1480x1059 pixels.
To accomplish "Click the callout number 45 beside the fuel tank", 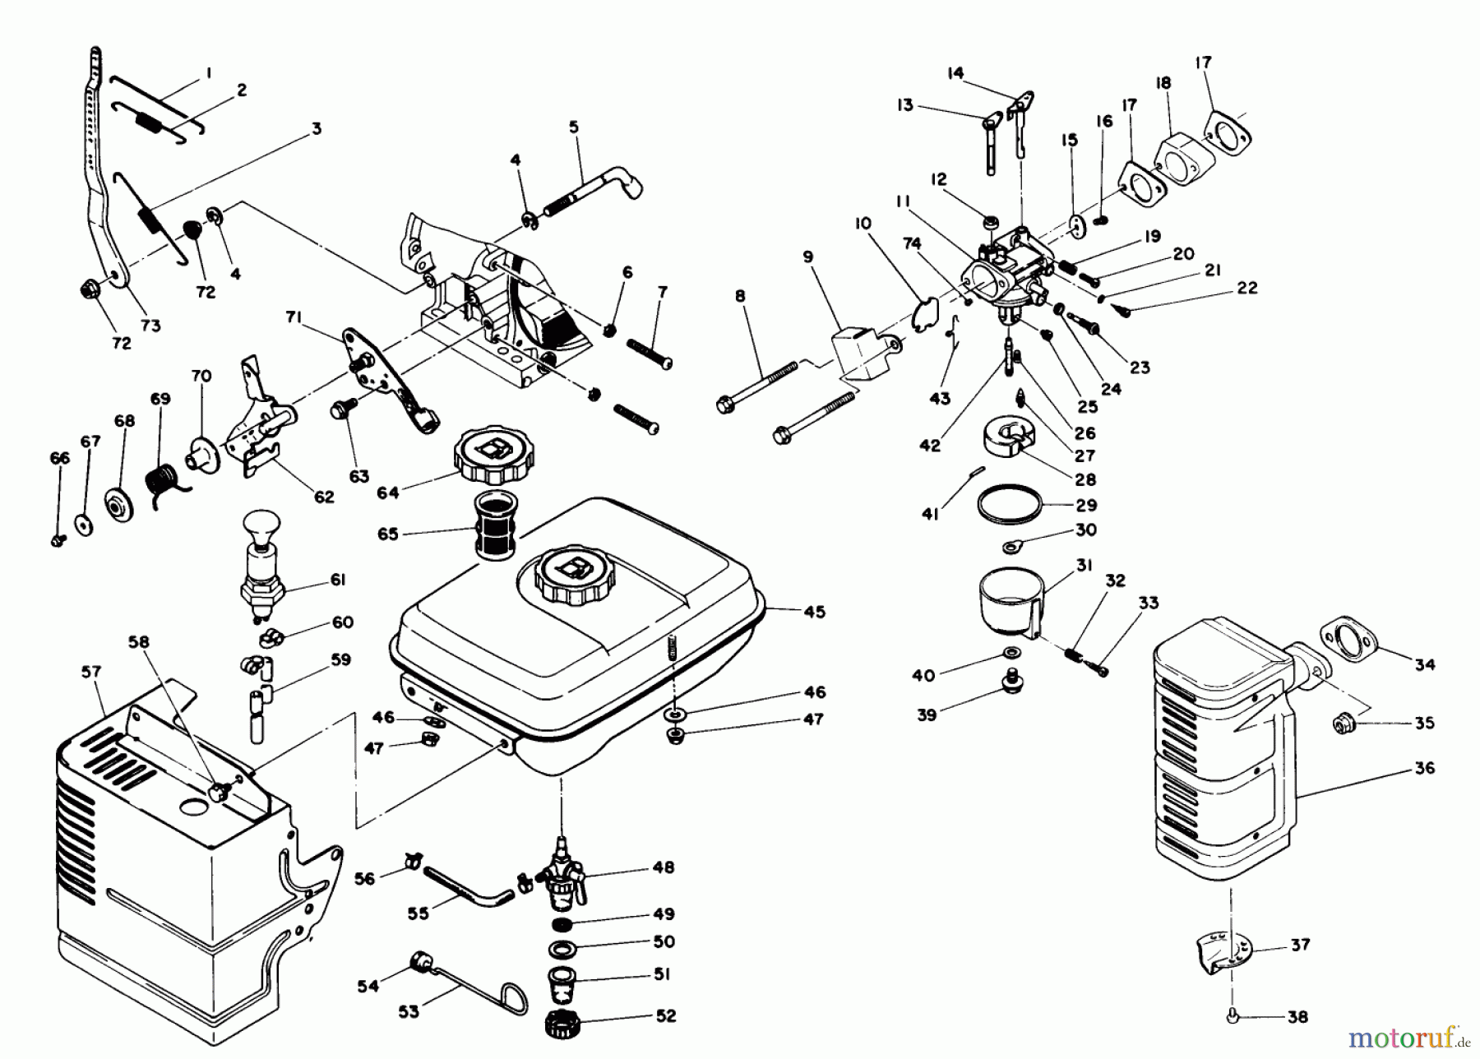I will [815, 612].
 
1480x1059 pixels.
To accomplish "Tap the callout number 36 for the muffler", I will [1425, 768].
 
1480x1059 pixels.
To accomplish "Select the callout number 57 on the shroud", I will [90, 673].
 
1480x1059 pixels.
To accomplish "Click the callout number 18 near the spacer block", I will [1163, 84].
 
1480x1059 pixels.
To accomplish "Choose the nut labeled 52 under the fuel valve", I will [563, 1023].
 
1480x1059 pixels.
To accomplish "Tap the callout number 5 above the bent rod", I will [573, 127].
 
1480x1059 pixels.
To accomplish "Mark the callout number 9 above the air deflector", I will [808, 257].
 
